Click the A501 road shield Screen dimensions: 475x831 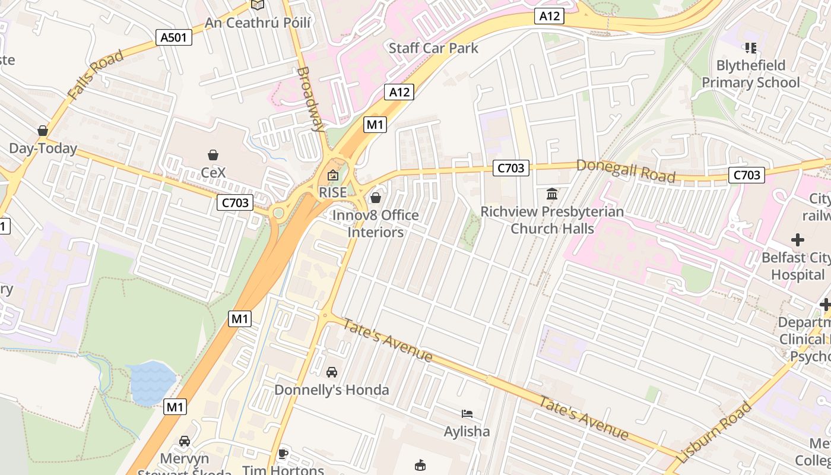174,38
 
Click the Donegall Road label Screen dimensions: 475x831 626,171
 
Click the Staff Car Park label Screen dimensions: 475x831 433,48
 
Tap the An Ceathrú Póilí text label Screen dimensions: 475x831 258,23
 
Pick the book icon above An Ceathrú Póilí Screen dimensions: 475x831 257,5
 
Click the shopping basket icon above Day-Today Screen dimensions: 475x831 43,131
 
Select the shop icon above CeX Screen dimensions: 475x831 213,156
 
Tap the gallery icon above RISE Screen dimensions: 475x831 332,175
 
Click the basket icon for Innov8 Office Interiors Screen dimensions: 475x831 375,197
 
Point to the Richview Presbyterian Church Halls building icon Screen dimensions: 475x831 552,194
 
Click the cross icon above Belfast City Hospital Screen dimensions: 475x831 798,240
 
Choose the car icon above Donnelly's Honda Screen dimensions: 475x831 332,372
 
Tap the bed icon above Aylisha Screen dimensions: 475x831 467,414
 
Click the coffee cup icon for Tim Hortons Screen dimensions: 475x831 283,454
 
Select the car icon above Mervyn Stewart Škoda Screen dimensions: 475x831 185,441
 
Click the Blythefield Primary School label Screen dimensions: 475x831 751,74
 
